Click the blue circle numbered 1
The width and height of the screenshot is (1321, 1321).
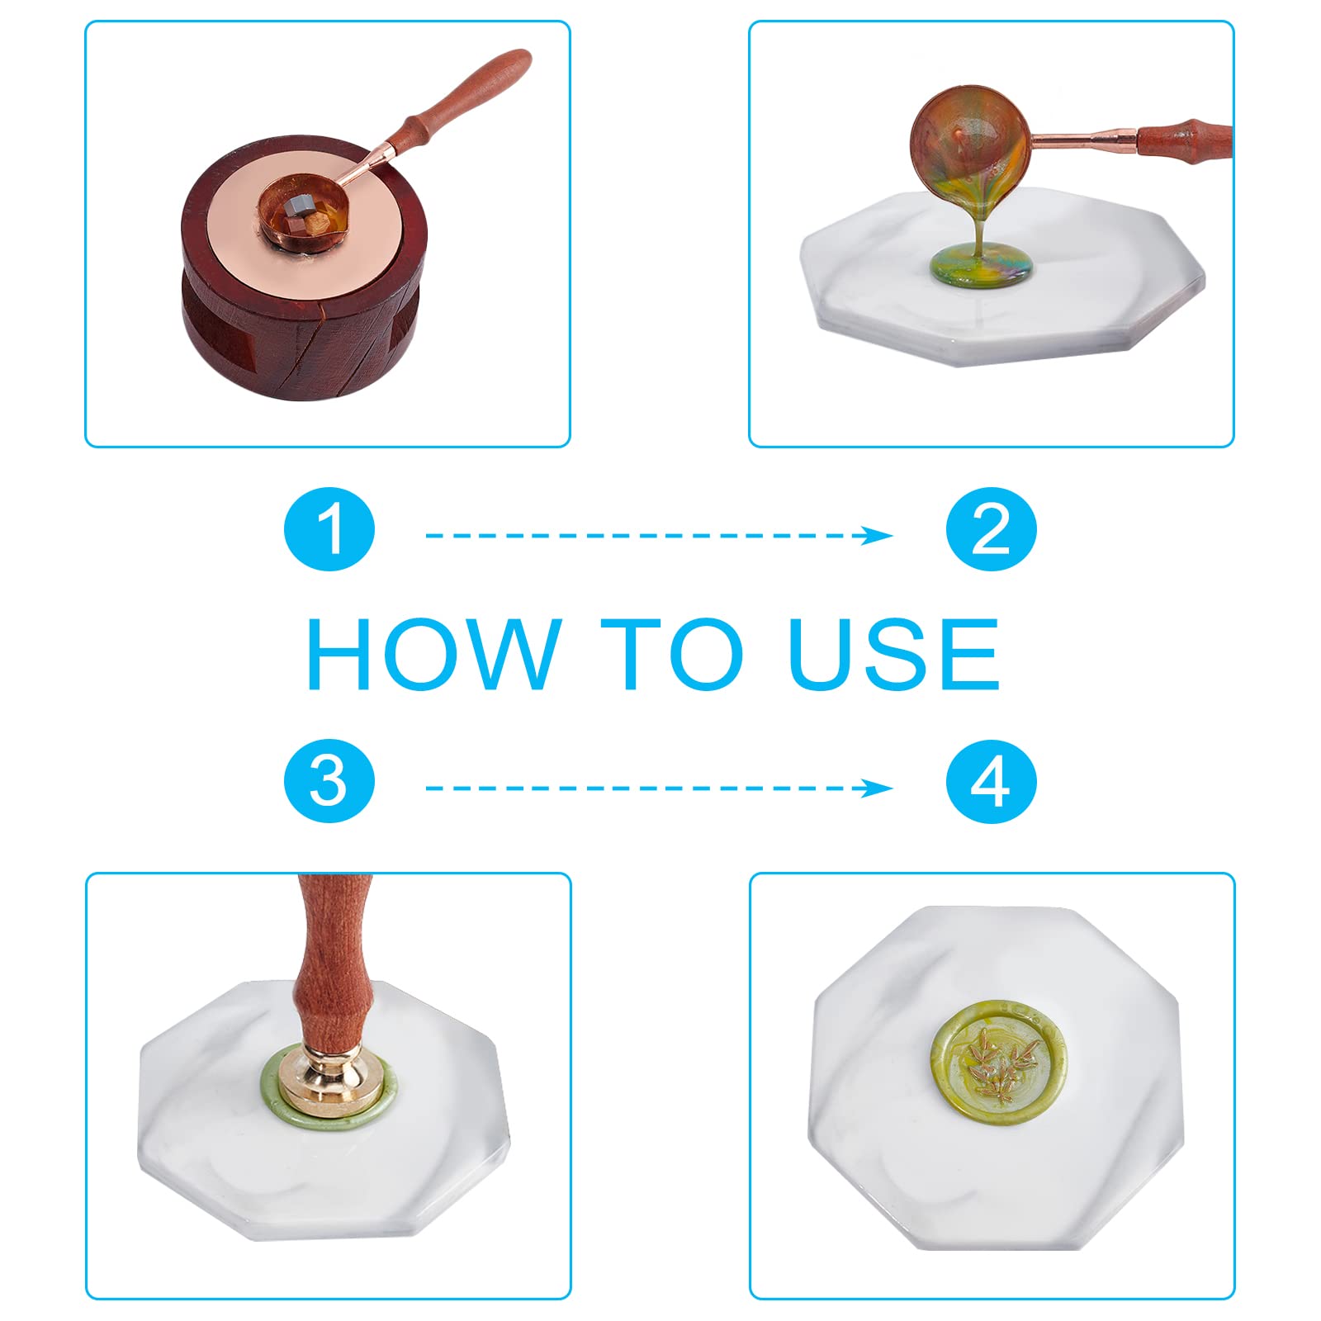pos(329,529)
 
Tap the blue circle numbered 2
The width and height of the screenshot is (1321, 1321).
pos(991,529)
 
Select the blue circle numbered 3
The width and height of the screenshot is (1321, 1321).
pos(329,781)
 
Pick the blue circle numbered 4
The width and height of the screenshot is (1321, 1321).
pos(991,781)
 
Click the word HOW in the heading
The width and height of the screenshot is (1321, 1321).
pos(434,653)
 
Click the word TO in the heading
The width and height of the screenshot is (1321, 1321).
pos(671,653)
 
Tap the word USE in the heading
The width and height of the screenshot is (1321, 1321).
pos(893,653)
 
